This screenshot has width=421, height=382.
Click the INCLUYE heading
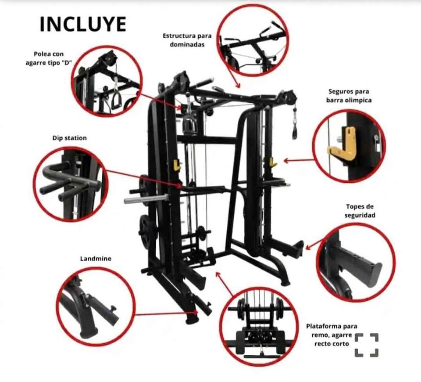[x=83, y=24]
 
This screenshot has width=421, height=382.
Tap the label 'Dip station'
[x=70, y=138]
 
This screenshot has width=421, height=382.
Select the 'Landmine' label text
[x=96, y=259]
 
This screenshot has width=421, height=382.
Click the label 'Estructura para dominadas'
[x=187, y=40]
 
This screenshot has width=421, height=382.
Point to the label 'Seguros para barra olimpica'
[x=349, y=96]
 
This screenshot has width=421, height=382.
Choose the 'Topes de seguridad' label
[x=360, y=211]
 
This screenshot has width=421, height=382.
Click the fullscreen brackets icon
[x=367, y=345]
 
